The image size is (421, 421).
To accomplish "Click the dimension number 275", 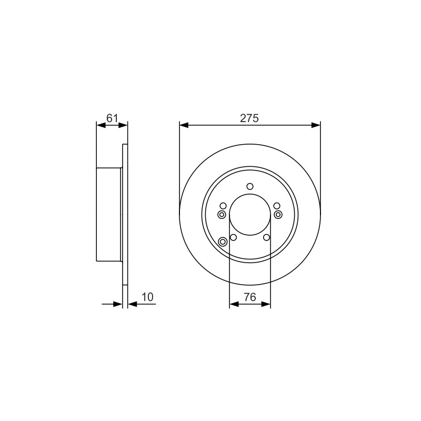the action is [249, 118].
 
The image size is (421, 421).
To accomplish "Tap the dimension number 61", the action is [112, 118].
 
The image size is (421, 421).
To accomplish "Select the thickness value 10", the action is [147, 297].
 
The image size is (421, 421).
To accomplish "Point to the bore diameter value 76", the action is [250, 297].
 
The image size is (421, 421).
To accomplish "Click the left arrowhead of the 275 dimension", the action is [184, 125].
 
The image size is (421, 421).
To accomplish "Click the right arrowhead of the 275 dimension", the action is [316, 125].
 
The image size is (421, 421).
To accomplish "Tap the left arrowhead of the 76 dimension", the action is [234, 304].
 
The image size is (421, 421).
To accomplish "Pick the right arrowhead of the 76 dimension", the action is [266, 304].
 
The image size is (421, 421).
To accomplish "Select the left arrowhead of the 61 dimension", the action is [101, 125].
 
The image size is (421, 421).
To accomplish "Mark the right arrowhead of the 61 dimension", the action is [123, 125].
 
